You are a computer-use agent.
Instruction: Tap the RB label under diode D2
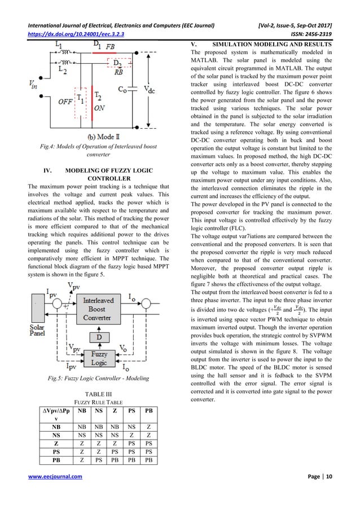click(x=118, y=72)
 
